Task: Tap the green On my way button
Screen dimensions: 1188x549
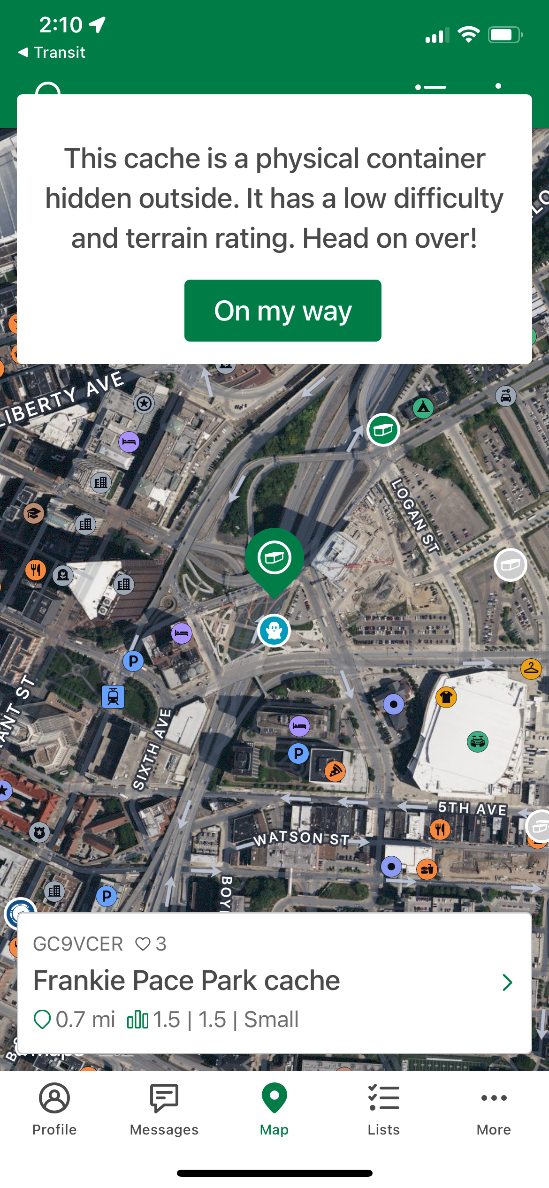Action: (x=282, y=311)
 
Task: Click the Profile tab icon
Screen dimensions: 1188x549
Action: (x=54, y=1098)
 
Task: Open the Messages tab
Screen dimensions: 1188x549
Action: (x=164, y=1098)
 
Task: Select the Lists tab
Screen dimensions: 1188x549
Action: (x=384, y=1098)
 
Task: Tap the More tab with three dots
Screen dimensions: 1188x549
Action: (x=494, y=1098)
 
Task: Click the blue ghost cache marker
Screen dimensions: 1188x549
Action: (x=274, y=631)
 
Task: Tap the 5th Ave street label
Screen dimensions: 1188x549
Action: (x=472, y=808)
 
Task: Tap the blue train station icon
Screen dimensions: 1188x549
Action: (x=113, y=696)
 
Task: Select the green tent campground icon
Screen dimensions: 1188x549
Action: (x=423, y=408)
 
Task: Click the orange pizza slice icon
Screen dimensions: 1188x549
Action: (x=335, y=770)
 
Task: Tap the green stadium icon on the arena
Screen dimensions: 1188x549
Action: (x=478, y=742)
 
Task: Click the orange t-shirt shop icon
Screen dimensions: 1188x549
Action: (x=446, y=697)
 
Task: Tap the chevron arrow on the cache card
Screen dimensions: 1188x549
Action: (x=507, y=982)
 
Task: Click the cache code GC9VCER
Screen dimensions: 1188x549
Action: (x=78, y=944)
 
